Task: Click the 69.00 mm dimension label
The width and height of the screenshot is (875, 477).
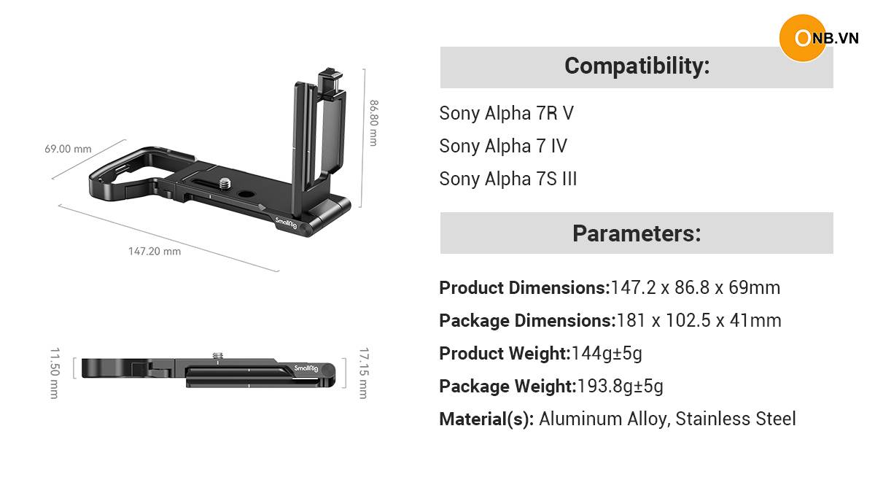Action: point(68,149)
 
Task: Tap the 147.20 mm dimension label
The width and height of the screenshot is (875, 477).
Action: point(155,251)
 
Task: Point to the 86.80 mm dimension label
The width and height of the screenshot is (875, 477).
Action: point(374,123)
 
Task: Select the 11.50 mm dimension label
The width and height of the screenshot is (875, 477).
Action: point(55,373)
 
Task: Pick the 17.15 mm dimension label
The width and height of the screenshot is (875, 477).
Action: point(364,373)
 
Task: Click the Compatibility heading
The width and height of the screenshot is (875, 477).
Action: point(637,66)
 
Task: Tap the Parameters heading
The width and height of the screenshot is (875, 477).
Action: point(637,233)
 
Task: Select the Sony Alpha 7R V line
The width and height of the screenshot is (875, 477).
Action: point(507,113)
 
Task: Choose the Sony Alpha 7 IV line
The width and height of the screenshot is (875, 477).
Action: point(503,146)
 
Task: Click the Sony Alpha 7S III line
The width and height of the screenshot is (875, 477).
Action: point(507,179)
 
